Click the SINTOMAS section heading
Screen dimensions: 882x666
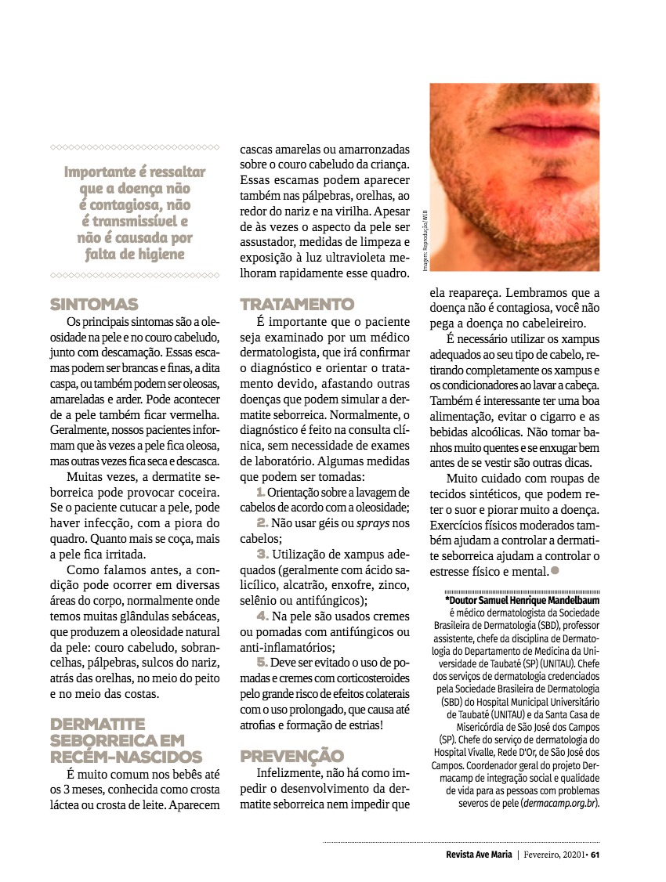tap(93, 304)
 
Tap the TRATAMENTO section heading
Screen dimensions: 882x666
tap(297, 304)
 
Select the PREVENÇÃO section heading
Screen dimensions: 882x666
tap(291, 756)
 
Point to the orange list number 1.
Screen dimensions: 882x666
tap(260, 492)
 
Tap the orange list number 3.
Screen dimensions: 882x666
tap(263, 553)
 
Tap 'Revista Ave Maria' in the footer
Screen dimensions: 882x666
tap(473, 855)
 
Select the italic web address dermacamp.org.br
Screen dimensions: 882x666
tap(559, 803)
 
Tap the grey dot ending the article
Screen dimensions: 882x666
tap(555, 571)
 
